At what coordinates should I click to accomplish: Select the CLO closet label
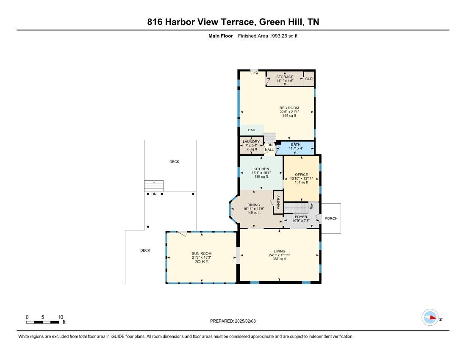[309, 79]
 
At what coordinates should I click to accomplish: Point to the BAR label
[252, 130]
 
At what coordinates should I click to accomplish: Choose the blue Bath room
[295, 148]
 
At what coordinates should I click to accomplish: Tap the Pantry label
[278, 202]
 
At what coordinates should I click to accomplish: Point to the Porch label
[331, 218]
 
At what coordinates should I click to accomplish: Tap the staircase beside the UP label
[296, 208]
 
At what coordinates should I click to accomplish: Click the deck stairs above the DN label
[154, 186]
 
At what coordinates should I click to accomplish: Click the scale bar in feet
[43, 322]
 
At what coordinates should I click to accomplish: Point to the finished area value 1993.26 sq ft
[283, 36]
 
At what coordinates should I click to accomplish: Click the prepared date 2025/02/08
[245, 321]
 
